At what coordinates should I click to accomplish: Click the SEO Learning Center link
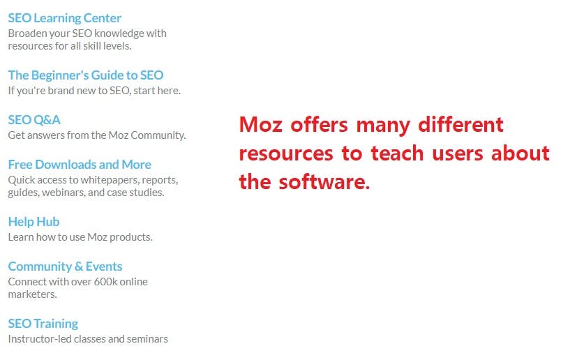[x=64, y=18]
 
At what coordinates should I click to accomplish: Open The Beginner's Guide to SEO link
[x=86, y=75]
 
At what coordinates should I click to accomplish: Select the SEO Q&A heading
[x=34, y=120]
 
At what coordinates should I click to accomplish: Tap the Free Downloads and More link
[x=80, y=165]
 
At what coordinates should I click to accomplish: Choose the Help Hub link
[x=34, y=222]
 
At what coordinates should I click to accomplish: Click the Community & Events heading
[x=65, y=267]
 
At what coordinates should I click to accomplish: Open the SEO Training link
[x=43, y=324]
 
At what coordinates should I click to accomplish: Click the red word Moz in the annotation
[x=261, y=124]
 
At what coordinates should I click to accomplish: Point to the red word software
[x=324, y=182]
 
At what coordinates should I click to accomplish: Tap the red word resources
[x=286, y=153]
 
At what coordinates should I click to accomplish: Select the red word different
[x=460, y=124]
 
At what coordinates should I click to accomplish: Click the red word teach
[x=397, y=153]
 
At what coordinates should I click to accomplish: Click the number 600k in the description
[x=105, y=282]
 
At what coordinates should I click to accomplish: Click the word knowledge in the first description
[x=119, y=33]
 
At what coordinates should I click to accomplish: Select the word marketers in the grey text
[x=32, y=294]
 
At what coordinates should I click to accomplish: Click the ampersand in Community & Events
[x=79, y=267]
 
